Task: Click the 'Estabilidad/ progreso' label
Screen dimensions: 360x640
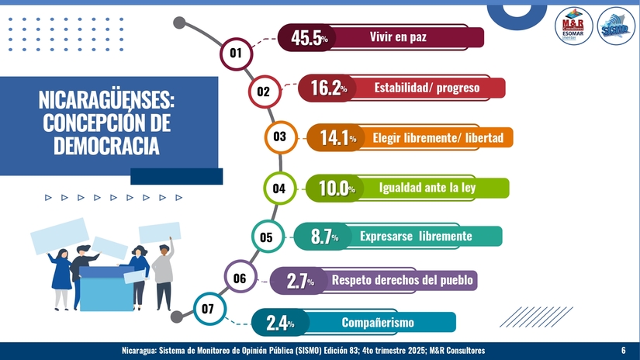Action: click(427, 88)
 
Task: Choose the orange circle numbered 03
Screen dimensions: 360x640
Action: click(280, 137)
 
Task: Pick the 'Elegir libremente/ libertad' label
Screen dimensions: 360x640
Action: click(438, 138)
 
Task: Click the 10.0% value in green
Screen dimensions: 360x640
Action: click(336, 189)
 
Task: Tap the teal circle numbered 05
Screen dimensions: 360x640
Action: click(266, 237)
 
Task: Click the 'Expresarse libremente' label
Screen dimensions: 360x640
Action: click(416, 236)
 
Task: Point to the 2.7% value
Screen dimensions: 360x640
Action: click(300, 281)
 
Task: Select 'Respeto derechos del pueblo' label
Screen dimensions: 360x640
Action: click(402, 279)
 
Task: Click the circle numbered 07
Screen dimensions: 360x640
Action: click(208, 310)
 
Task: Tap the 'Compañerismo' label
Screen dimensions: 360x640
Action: click(378, 322)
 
